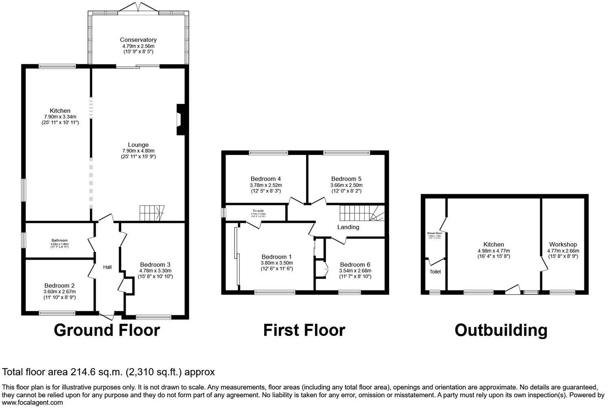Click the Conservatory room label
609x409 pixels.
138,40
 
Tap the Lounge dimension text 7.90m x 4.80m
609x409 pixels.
138,151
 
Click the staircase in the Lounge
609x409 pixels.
151,213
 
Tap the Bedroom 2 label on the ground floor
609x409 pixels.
59,286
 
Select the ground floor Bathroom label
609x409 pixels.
59,241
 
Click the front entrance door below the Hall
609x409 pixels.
107,316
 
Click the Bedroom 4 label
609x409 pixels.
265,179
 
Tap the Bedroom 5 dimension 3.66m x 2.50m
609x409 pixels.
346,185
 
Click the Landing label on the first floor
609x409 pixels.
348,227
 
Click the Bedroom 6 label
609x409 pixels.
355,265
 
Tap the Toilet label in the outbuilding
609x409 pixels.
435,271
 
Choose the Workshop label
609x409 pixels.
563,245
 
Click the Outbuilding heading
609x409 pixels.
501,330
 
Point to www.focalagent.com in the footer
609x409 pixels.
33,403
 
